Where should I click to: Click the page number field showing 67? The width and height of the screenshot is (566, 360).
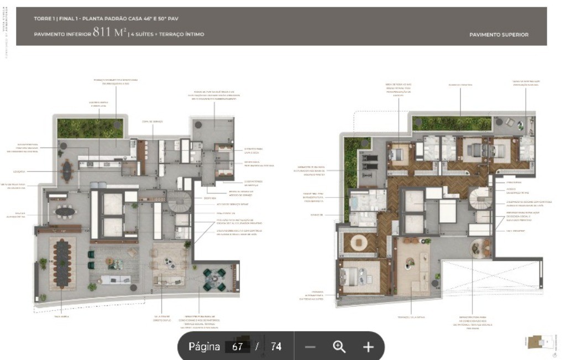(237, 347)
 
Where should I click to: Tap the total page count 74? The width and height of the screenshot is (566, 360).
(276, 347)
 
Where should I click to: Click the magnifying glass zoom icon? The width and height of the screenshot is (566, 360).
(339, 347)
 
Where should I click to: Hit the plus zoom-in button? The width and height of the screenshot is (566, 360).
(368, 347)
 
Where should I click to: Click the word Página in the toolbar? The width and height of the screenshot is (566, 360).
(204, 347)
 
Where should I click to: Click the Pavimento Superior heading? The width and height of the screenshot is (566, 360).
(499, 34)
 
